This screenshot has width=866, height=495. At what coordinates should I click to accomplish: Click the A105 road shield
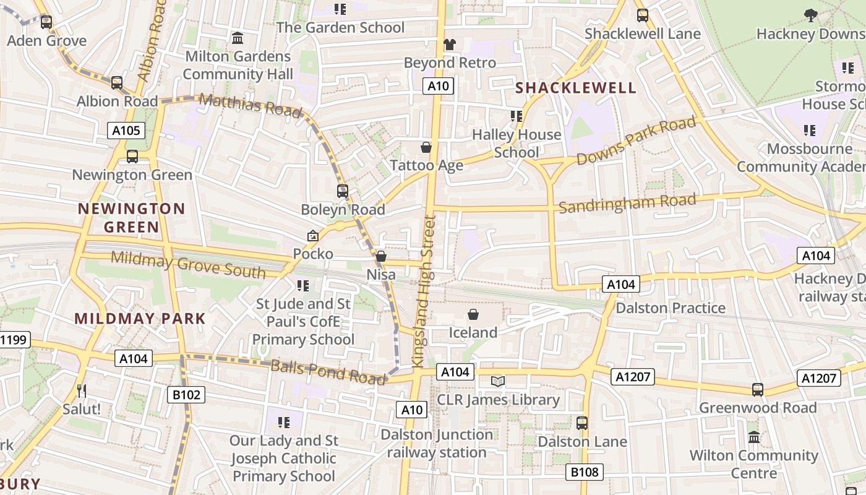coord(126,131)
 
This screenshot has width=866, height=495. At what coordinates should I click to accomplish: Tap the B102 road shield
coord(186,395)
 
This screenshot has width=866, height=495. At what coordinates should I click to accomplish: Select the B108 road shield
coord(585,473)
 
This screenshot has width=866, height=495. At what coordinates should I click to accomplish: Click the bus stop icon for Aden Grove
coord(46,23)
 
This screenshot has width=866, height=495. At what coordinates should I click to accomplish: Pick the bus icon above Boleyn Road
coord(343,191)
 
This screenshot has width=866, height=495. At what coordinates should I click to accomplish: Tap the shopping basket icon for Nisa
coord(381,256)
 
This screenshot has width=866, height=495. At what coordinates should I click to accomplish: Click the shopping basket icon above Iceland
coord(473,314)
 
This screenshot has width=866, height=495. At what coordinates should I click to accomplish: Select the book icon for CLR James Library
coord(498,382)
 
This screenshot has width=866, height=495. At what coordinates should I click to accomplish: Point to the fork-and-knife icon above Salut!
coord(81,390)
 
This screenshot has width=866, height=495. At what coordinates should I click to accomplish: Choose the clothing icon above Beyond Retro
coord(450,44)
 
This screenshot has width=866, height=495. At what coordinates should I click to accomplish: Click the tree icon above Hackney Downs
coord(810,15)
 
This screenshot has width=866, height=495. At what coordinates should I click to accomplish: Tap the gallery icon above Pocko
coord(313,236)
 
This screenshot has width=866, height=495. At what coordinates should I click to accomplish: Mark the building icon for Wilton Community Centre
coord(754,437)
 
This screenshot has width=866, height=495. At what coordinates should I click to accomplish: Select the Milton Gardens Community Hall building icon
coord(238,38)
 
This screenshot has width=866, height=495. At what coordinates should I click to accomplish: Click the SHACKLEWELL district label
coord(576,88)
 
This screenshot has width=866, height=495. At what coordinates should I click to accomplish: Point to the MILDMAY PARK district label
coord(140,319)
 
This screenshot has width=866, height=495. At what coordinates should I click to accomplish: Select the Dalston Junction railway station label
coord(437,443)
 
